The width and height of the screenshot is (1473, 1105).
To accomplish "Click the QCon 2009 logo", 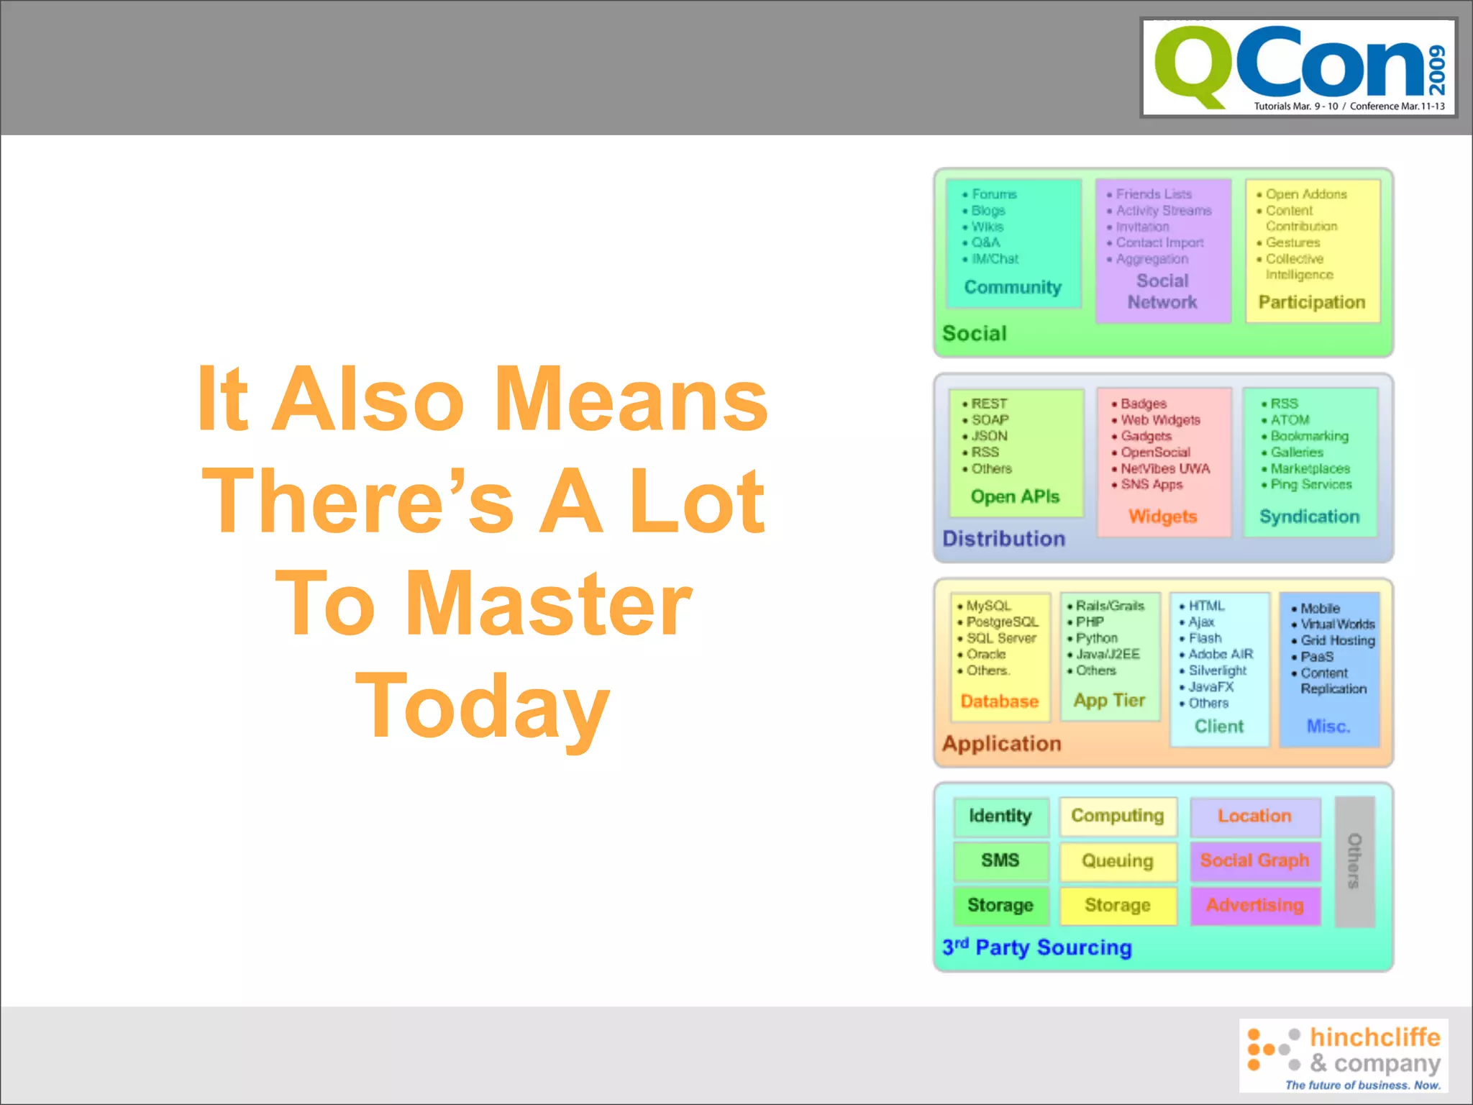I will (1299, 68).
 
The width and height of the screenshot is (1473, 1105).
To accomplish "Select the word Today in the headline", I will (483, 706).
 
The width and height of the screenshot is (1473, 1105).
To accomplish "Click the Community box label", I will (1013, 287).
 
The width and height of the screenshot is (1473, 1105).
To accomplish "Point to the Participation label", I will (1311, 302).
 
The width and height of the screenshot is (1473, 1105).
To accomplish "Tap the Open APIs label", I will (1015, 496).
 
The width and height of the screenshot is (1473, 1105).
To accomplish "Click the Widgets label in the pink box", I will (1162, 517).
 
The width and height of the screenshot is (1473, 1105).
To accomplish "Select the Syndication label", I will (1309, 517).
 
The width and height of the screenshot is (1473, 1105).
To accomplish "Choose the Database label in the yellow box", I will (999, 701).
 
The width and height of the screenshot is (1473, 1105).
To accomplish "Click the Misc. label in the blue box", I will (1328, 726).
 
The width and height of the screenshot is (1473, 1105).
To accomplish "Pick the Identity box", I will (1000, 816).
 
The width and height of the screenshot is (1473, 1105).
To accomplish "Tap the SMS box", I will (1000, 860).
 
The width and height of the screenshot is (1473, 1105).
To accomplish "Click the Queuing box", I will (1117, 861).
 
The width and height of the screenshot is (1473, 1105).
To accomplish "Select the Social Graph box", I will (1254, 860).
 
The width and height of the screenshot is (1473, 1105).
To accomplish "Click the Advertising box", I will (1254, 905).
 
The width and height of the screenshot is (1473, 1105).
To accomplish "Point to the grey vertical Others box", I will (1354, 861).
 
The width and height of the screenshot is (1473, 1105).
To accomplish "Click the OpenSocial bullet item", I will (1155, 453).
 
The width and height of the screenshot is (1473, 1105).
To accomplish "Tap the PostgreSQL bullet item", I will (1002, 622).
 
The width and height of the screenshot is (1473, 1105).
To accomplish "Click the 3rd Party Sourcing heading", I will (1036, 947).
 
